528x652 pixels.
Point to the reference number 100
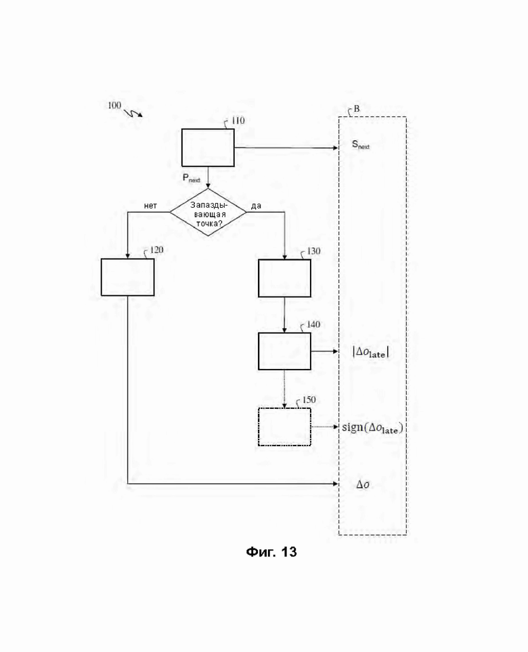tap(114, 106)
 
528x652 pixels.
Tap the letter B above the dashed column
tap(356, 109)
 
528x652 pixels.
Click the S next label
tap(361, 145)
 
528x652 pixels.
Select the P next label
tap(192, 178)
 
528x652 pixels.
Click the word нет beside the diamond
tap(150, 206)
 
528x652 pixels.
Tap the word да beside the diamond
tap(256, 206)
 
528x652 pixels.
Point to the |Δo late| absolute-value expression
tap(371, 352)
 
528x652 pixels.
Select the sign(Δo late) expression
tap(372, 428)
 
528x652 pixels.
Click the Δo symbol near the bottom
tap(363, 484)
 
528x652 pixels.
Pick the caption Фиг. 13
tap(271, 552)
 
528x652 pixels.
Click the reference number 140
tap(313, 324)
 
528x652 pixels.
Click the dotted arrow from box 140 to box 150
tap(284, 389)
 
